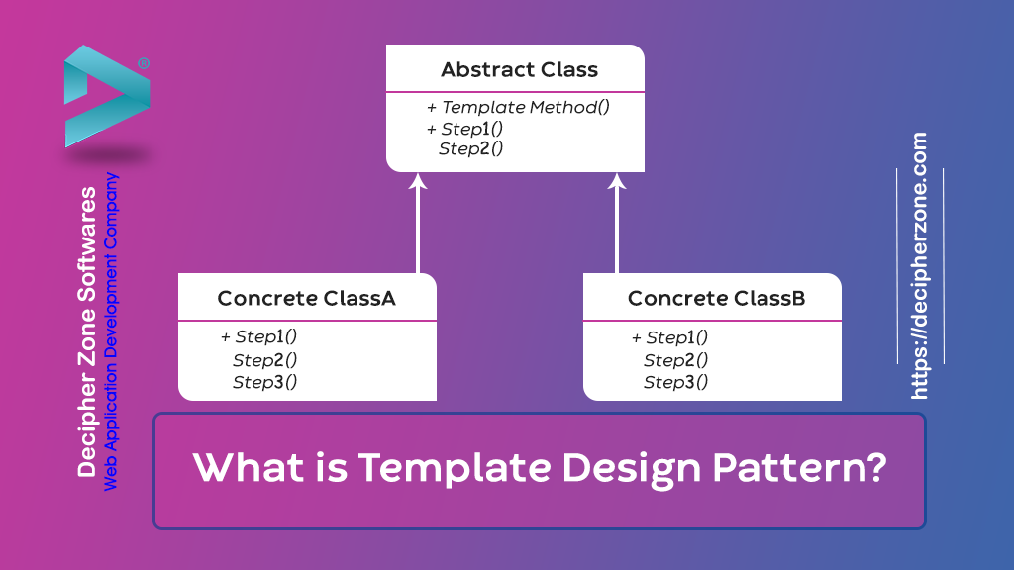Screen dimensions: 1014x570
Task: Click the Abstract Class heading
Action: (x=519, y=70)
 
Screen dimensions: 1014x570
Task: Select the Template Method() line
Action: (x=524, y=107)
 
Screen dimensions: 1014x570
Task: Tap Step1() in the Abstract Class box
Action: (x=471, y=129)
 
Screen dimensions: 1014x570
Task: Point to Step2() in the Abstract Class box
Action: (x=471, y=149)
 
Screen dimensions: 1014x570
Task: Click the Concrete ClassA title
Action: (x=307, y=299)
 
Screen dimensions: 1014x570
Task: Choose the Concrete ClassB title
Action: (x=716, y=299)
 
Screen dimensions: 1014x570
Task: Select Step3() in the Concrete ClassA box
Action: (x=264, y=382)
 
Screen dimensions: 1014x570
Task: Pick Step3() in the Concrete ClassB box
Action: (x=675, y=382)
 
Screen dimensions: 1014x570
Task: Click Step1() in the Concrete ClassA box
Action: (x=265, y=337)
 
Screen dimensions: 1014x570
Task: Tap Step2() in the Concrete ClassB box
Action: (x=675, y=360)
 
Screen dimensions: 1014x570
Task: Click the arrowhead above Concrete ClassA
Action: (x=418, y=181)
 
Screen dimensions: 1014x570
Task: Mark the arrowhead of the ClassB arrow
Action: (x=617, y=181)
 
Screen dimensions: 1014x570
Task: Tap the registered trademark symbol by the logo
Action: (x=144, y=63)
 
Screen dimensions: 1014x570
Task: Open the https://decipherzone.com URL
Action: (x=920, y=266)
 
